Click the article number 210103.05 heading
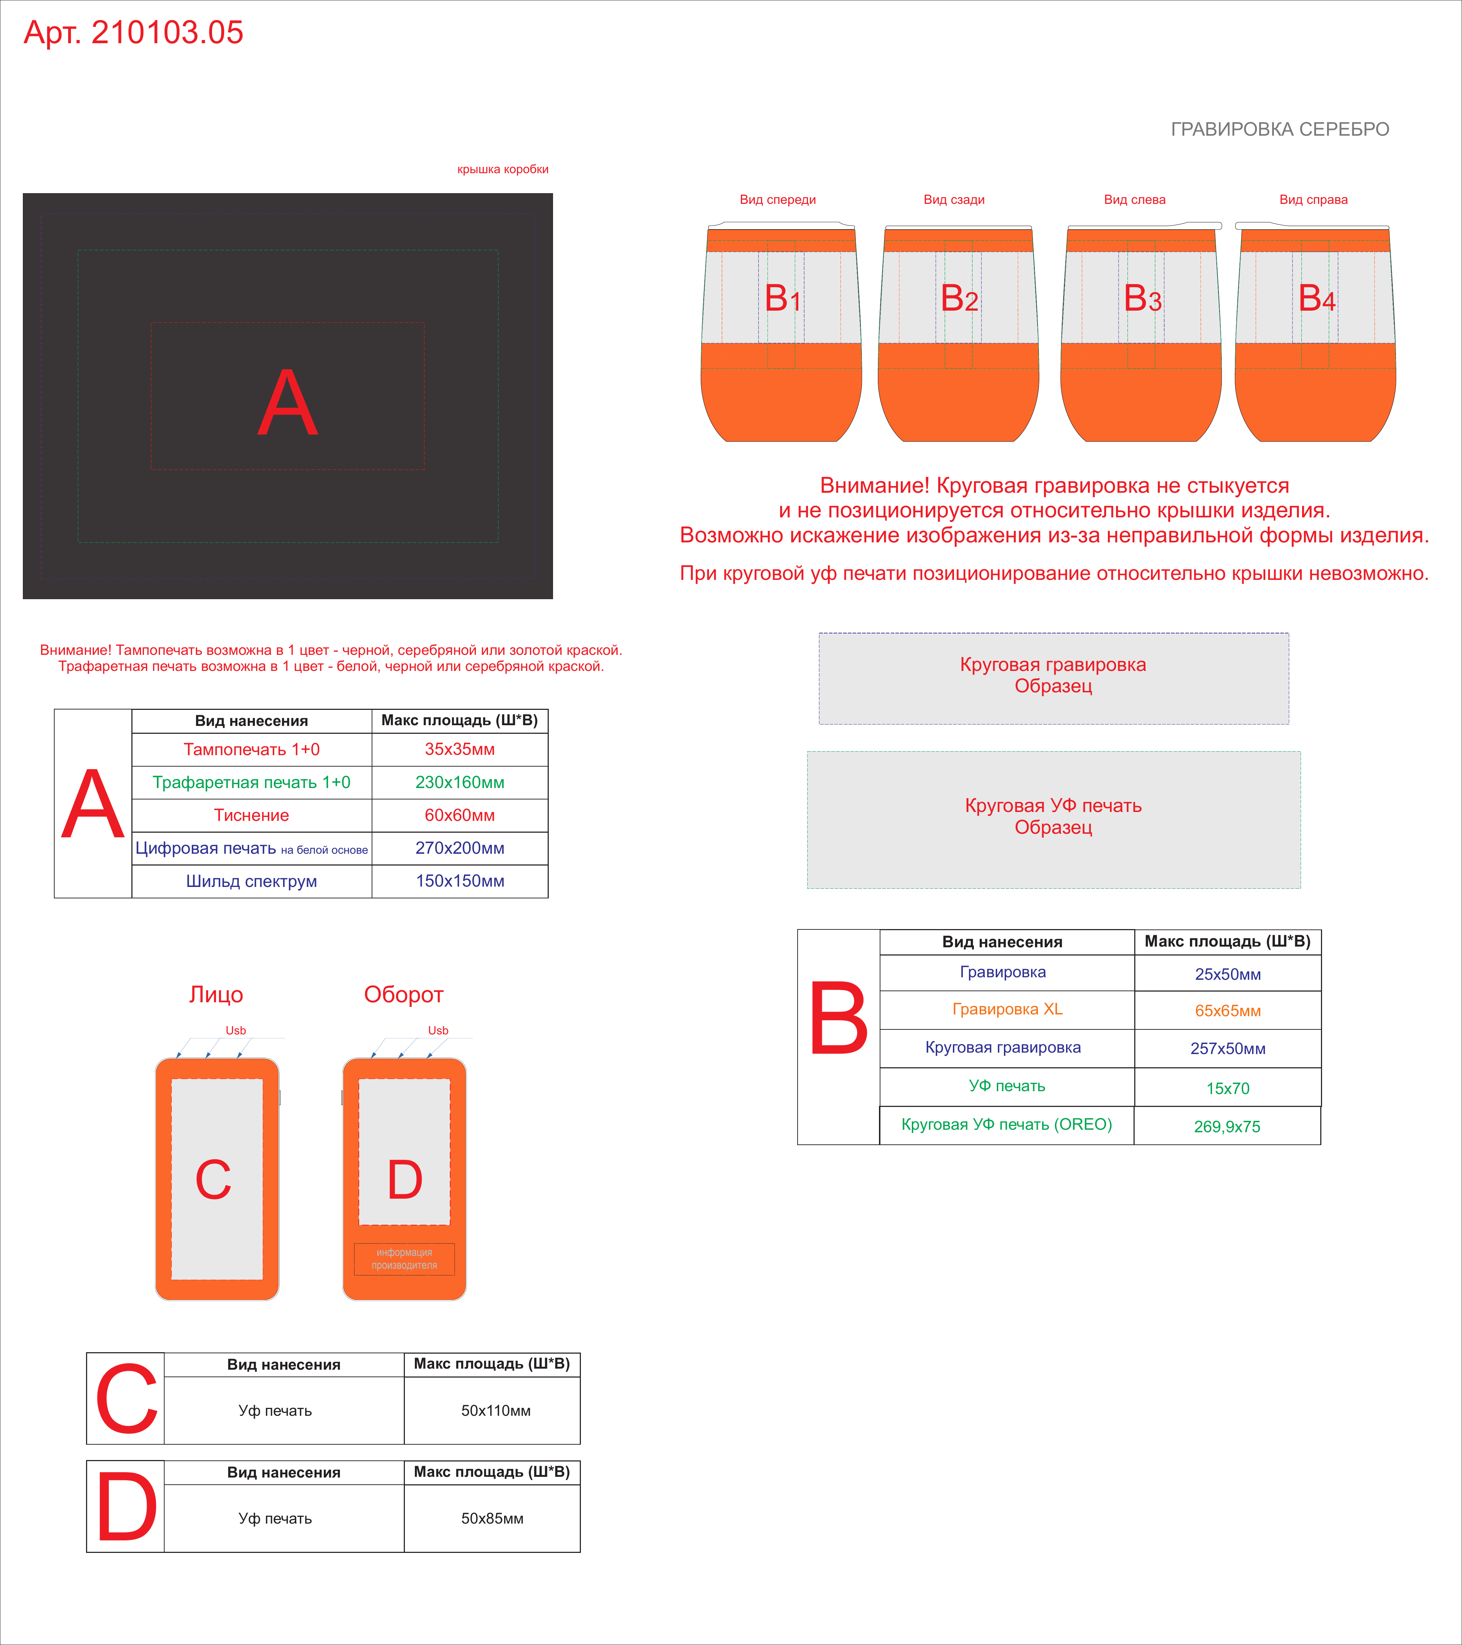(134, 32)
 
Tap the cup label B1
(782, 299)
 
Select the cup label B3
(1142, 299)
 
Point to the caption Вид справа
(1313, 200)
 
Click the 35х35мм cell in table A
(459, 749)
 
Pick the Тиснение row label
(251, 815)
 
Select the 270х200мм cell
(459, 848)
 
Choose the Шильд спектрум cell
(251, 881)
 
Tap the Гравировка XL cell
(1008, 1009)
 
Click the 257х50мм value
(1228, 1049)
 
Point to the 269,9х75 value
(1227, 1127)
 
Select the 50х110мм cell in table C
(496, 1411)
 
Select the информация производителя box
(404, 1259)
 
